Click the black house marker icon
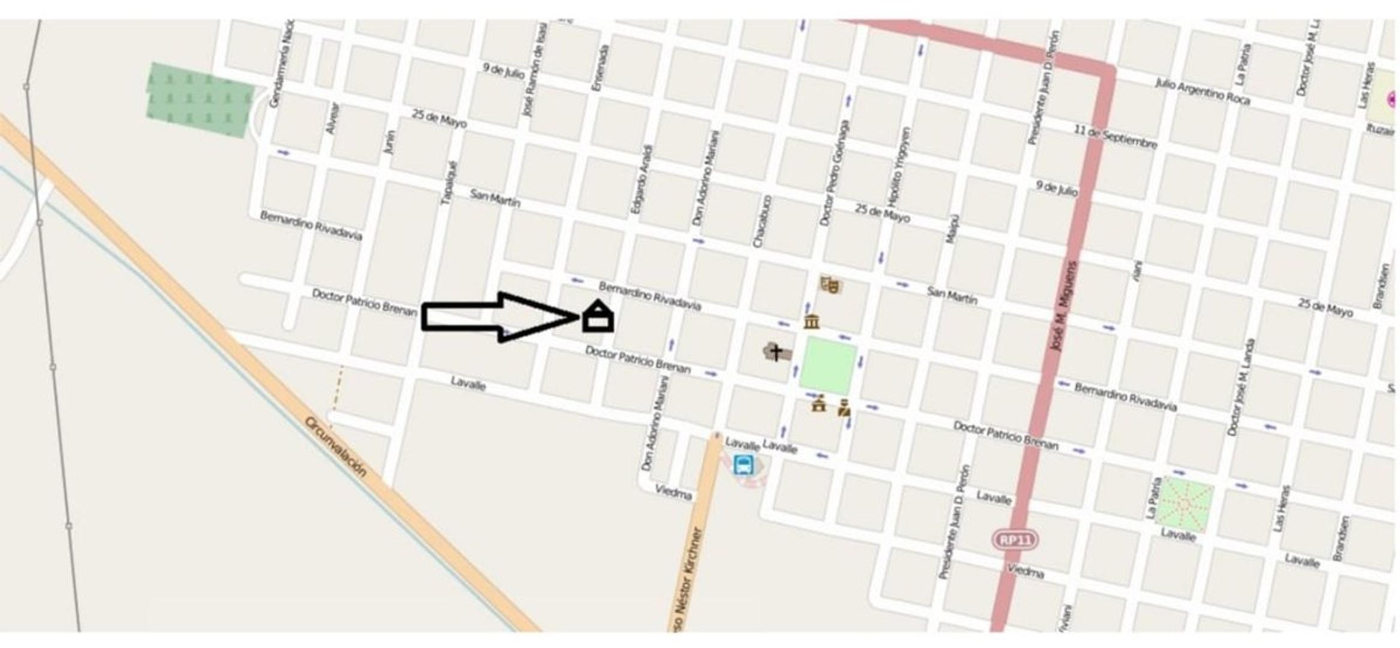pos(598,317)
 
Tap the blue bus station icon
pos(743,464)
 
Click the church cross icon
pos(776,352)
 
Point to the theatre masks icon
pos(830,284)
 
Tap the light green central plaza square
pos(827,365)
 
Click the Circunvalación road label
pos(335,447)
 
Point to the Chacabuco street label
pos(761,221)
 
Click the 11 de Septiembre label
pos(1115,137)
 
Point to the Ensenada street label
pos(600,68)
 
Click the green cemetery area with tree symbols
pos(200,98)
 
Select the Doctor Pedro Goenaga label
pos(835,173)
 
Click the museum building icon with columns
pos(811,322)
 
